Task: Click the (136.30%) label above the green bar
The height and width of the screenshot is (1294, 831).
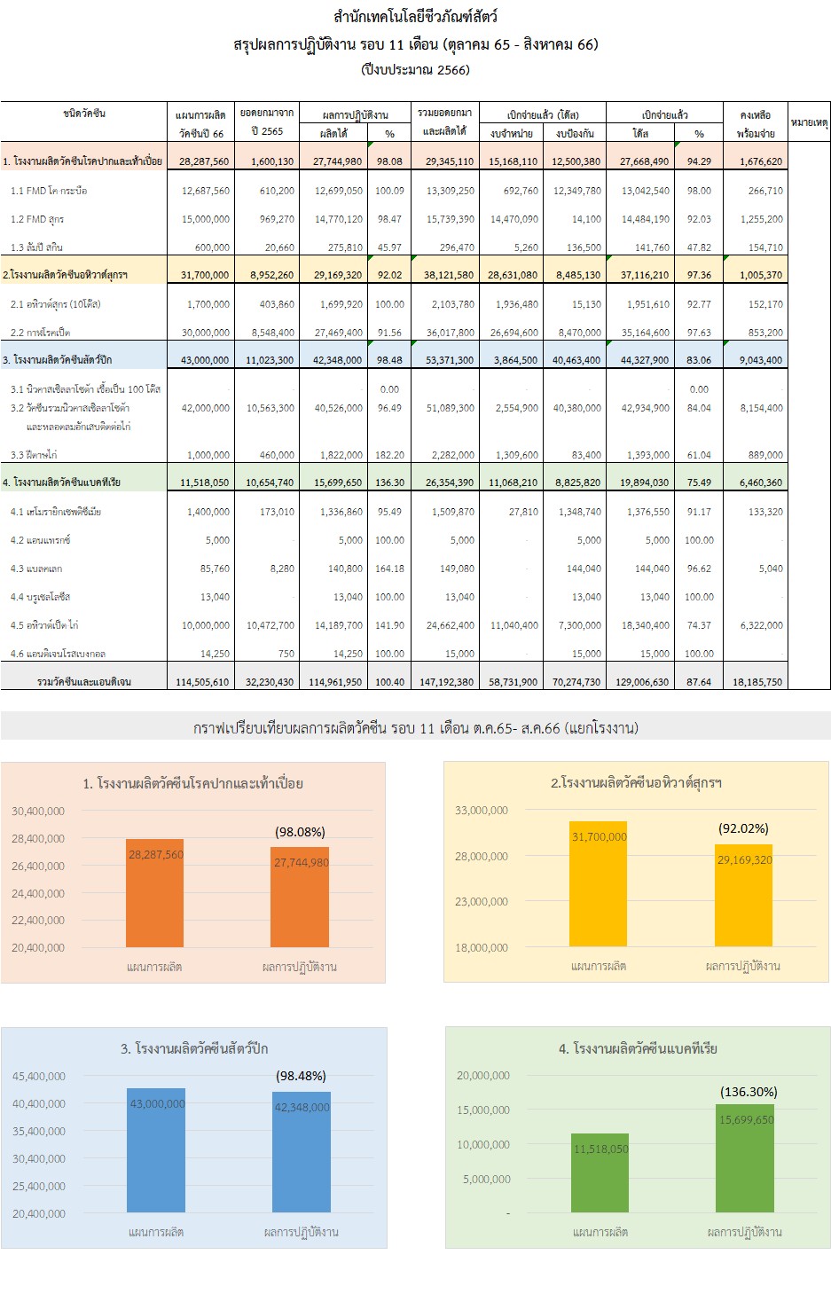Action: (x=749, y=1092)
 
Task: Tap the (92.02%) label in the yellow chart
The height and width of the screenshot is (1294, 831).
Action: (x=743, y=828)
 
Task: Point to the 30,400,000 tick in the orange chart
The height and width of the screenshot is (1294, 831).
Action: (x=38, y=811)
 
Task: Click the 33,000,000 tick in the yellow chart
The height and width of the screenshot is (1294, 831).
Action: (x=482, y=810)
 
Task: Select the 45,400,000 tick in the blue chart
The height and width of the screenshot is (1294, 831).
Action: (x=39, y=1076)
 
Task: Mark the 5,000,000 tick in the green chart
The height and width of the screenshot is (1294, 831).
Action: (x=487, y=1179)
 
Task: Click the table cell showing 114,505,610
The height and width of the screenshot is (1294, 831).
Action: (x=202, y=682)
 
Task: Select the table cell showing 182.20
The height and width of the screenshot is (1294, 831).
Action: (x=389, y=455)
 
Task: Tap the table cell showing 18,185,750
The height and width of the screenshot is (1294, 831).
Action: (x=757, y=682)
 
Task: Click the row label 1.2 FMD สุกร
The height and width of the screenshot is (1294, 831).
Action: (x=37, y=219)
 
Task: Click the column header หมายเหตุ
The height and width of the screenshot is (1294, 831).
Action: (x=809, y=122)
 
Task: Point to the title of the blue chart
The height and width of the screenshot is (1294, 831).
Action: (x=194, y=1048)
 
